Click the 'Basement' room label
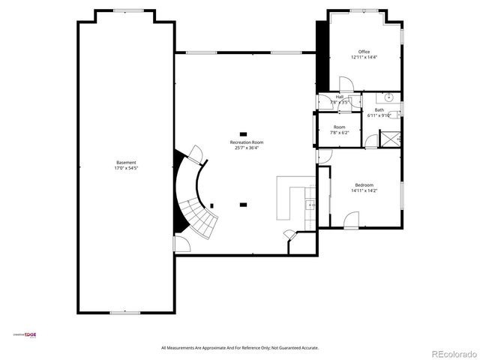coord(126,163)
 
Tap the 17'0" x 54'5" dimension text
coord(126,169)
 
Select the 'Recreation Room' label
coord(247,142)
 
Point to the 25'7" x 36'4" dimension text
coord(247,148)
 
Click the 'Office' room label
coord(364,52)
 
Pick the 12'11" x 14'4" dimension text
coord(364,58)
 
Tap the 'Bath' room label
coord(379,109)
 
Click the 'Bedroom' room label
coord(364,184)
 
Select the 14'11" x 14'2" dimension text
coord(364,190)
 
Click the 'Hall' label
coord(339,96)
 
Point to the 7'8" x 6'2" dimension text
coord(339,133)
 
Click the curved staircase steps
coord(196,202)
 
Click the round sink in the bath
coord(390,97)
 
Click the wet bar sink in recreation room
coord(309,205)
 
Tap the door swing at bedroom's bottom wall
coord(350,219)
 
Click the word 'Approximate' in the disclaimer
coord(217,348)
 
